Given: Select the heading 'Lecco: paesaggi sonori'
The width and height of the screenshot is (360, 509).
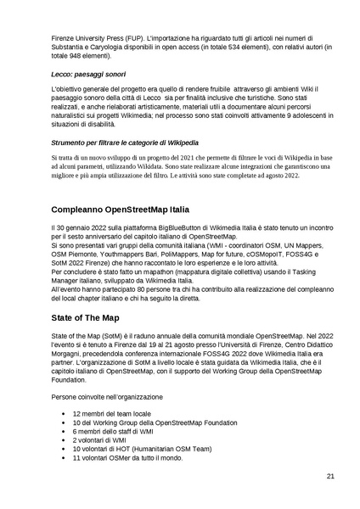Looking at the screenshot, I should pyautogui.click(x=87, y=76).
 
